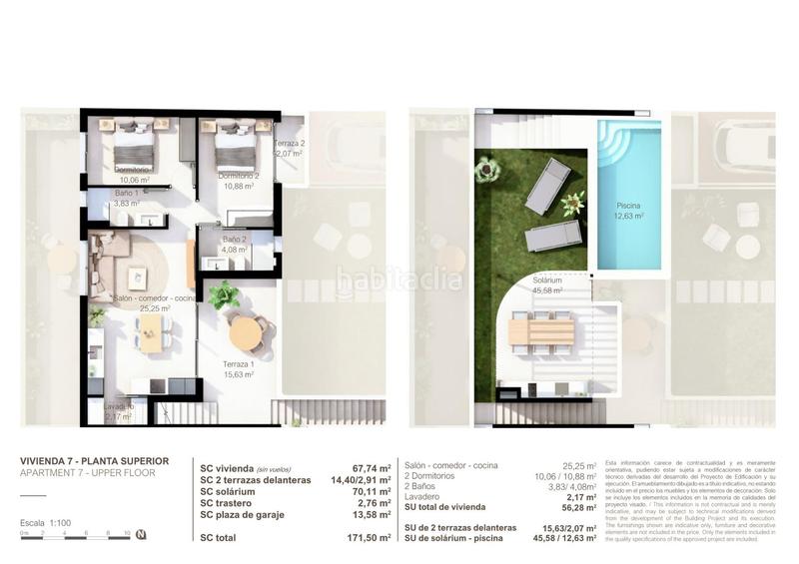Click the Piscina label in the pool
point(629,208)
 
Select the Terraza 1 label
point(238,368)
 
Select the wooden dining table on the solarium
point(540,330)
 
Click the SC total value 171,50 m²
point(367,536)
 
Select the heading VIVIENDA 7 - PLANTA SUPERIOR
point(95,460)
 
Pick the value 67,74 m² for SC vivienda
point(369,466)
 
